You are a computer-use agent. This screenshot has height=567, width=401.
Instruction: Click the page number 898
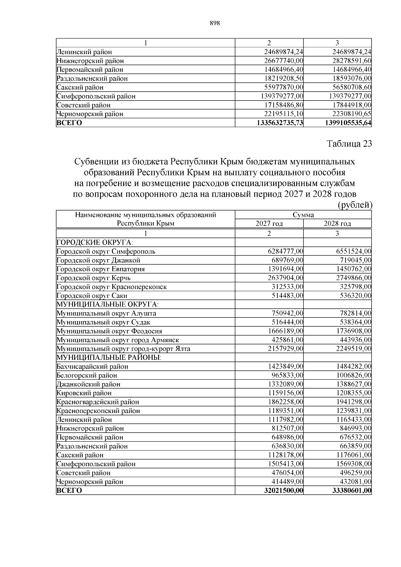click(214, 23)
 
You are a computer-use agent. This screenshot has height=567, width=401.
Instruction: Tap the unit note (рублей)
click(355, 205)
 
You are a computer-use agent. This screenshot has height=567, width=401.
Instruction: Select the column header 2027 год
click(269, 224)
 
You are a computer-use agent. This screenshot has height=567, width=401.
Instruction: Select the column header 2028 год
click(337, 224)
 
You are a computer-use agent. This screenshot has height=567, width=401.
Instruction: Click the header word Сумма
click(303, 215)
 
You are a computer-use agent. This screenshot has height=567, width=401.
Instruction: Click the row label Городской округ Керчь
click(94, 278)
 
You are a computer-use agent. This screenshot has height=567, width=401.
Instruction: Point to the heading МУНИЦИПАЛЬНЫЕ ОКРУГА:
click(108, 304)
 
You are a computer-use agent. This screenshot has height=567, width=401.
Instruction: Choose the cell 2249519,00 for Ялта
click(354, 349)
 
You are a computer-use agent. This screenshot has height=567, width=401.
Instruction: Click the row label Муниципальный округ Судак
click(103, 322)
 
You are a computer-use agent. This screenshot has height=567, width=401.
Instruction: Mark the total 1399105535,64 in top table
click(348, 123)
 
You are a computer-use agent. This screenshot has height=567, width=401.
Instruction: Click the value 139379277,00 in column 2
click(281, 96)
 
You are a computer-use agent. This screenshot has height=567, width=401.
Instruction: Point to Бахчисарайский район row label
click(92, 367)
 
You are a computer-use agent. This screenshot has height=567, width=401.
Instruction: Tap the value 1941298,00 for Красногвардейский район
click(354, 402)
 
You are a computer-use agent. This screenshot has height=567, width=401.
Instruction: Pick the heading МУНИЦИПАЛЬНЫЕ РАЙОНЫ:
click(109, 358)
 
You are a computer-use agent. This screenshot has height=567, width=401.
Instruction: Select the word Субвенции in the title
click(94, 162)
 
